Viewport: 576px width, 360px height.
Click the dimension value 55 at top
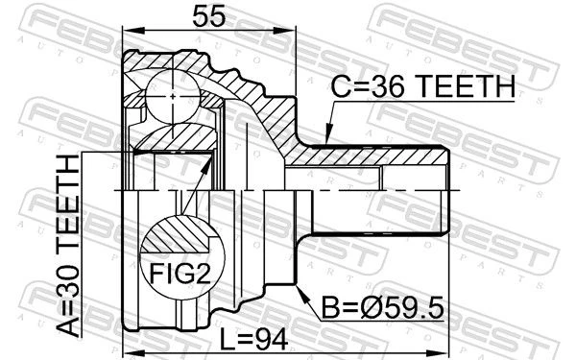pos(208,16)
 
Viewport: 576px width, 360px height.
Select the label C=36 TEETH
pos(423,86)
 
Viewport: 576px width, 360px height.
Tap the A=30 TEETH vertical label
pos(68,246)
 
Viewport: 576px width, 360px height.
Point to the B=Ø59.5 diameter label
pos(383,308)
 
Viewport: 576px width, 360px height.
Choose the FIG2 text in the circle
pos(180,274)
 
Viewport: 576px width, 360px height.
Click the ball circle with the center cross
pos(173,96)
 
